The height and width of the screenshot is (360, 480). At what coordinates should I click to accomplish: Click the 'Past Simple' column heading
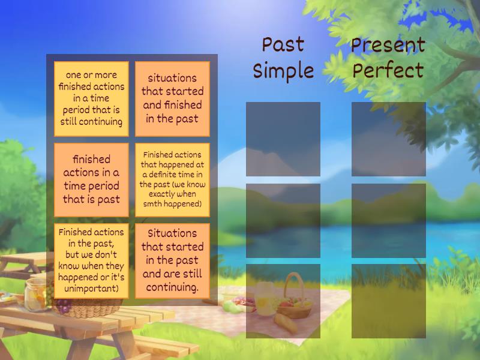tap(283, 58)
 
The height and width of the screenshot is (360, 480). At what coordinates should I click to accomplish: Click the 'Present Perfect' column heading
tap(388, 58)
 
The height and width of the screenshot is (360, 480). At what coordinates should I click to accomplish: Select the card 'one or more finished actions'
tap(91, 99)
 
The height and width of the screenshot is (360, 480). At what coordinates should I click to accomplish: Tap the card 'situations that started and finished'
tap(172, 99)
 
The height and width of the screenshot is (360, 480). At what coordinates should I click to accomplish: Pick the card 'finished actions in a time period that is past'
tap(91, 179)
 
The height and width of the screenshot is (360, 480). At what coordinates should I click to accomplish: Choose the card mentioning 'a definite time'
tap(172, 179)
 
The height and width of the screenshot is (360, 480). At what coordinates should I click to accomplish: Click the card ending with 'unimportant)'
tap(91, 261)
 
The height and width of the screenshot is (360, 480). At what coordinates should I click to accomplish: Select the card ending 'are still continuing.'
tap(172, 261)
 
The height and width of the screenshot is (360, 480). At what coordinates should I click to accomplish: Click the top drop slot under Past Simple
tap(283, 139)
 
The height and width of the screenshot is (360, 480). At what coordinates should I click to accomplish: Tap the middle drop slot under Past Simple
tap(283, 220)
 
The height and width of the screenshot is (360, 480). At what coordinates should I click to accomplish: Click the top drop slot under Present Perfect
tap(388, 139)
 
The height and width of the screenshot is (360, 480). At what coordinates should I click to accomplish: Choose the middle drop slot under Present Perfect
tap(388, 220)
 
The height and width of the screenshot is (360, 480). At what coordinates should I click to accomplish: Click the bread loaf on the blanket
tap(286, 324)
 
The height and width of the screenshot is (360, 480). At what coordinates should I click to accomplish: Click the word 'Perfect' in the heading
tap(388, 71)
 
